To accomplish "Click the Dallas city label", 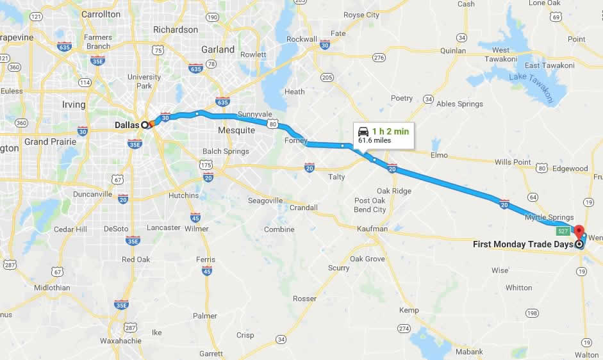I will (128, 125).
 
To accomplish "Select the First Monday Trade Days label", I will (523, 244).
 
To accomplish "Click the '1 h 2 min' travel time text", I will (390, 131).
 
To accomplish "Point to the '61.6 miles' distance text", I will (375, 140).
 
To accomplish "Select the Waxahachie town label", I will (120, 341).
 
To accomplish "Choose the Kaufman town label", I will (372, 229).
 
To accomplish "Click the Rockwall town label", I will (302, 39).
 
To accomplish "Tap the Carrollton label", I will (101, 13).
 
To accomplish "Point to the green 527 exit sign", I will (563, 231).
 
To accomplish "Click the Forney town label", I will (296, 140).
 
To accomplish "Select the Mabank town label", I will (470, 352).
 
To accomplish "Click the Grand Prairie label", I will (49, 141).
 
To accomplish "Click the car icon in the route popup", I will (363, 131).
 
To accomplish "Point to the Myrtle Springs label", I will (549, 218).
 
